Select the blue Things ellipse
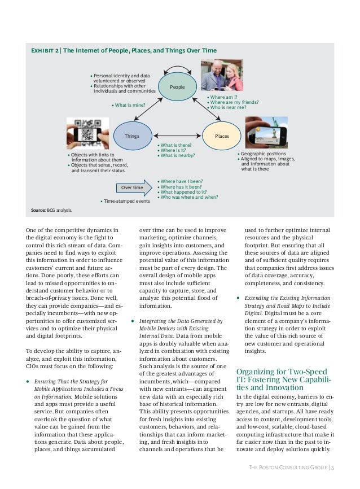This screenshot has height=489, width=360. [131, 136]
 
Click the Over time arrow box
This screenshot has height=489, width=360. [130, 187]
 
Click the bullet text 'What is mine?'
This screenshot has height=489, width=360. [130, 105]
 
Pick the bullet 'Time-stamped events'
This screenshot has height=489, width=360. [125, 200]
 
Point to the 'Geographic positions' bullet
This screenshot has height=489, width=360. [263, 154]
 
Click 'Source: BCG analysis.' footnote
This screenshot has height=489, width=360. [52, 210]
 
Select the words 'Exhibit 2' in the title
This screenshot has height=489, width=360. [45, 51]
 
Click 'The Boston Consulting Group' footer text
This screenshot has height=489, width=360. [288, 468]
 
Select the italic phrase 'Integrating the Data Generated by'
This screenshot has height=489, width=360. [181, 321]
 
